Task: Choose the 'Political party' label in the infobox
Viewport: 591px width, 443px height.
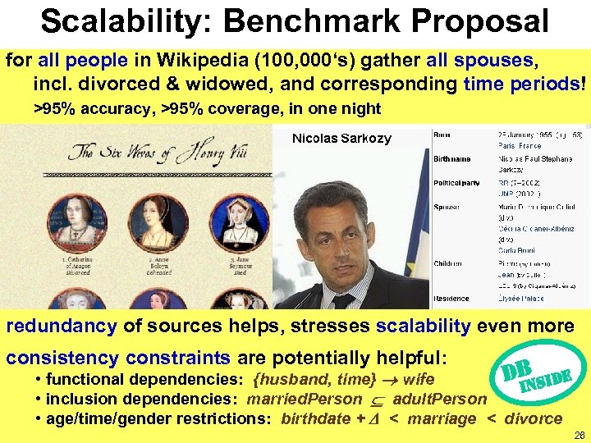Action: coord(457,182)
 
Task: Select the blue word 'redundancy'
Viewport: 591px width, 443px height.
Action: coord(62,327)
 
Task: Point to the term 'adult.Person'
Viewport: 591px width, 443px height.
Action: coord(439,399)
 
